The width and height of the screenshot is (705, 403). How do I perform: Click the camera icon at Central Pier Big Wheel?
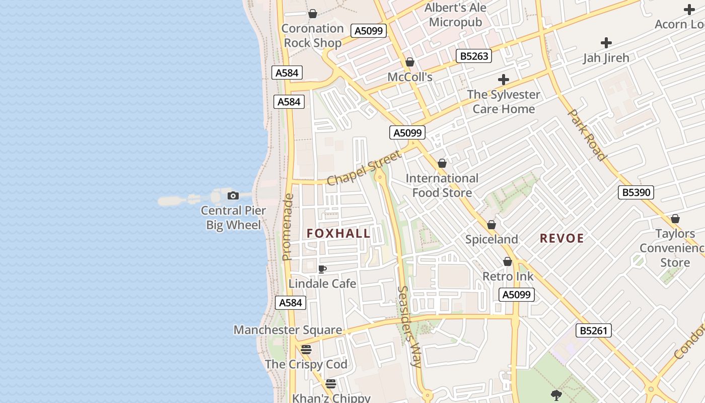(233, 195)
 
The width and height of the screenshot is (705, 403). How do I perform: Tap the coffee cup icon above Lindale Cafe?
(322, 269)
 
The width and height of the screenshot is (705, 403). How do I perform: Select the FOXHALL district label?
(338, 233)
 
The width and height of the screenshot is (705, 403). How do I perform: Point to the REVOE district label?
(561, 238)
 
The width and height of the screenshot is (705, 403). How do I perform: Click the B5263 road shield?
(474, 56)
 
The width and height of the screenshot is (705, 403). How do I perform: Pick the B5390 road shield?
(636, 192)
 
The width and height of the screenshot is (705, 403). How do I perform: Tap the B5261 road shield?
(594, 330)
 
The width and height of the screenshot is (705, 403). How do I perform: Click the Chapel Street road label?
(364, 167)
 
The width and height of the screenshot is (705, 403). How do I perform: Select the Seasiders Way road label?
(409, 326)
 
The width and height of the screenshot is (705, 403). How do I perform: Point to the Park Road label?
(587, 135)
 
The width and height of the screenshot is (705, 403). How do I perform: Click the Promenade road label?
(288, 227)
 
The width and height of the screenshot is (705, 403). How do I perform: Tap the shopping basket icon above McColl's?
(410, 62)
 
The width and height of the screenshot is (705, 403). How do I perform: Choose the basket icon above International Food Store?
(442, 163)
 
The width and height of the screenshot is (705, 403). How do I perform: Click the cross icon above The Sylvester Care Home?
(503, 80)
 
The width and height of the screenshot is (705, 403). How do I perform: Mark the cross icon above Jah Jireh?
(606, 43)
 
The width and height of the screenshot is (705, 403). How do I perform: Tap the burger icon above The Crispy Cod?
(306, 349)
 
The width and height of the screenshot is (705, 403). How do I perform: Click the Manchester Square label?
(288, 330)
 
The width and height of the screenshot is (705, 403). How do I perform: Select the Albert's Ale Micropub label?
(455, 15)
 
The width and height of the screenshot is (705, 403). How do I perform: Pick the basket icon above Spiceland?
(491, 225)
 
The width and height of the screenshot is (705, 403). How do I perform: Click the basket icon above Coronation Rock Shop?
(313, 14)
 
